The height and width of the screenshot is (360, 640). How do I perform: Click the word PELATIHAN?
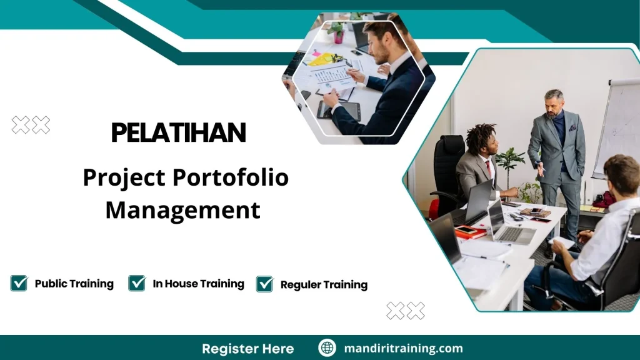tap(178, 132)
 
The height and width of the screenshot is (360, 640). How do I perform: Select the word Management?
tap(182, 210)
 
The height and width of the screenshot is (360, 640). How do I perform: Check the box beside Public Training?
tap(19, 283)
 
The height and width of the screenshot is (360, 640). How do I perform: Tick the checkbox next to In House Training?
tap(137, 283)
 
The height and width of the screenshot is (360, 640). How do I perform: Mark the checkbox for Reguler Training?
tap(265, 284)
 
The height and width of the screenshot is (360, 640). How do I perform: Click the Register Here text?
tap(247, 348)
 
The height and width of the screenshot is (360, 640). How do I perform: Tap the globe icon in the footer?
tap(327, 348)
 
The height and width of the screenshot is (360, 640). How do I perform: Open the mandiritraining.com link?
tap(403, 348)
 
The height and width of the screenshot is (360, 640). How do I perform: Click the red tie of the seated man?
tap(489, 168)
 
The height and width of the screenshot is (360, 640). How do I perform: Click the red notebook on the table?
tap(466, 231)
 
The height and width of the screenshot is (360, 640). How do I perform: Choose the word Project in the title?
tap(124, 178)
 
